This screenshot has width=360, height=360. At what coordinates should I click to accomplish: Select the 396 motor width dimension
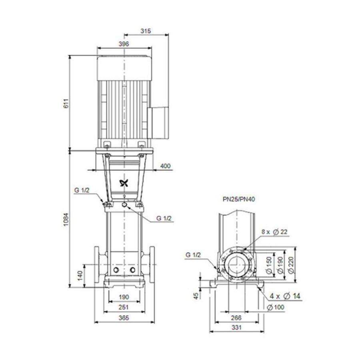[124, 44]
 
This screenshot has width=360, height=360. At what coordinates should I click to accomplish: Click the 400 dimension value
[166, 166]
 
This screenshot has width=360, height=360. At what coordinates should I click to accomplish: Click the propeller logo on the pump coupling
[124, 184]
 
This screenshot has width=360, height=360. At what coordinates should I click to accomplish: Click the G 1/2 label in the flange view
[193, 255]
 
